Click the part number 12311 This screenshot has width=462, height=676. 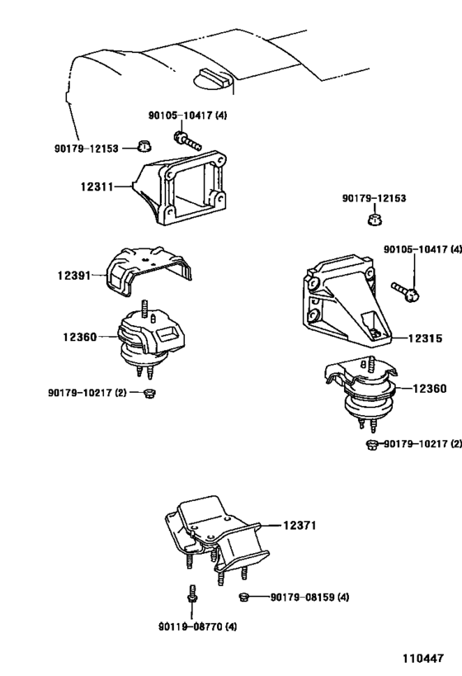point(97,187)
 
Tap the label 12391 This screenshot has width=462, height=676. point(74,275)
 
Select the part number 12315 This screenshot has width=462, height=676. point(425,338)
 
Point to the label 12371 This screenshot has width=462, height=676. point(299,525)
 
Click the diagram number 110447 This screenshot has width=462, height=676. point(423,659)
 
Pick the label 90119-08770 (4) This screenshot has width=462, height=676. point(197,626)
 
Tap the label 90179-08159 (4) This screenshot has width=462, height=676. point(310,597)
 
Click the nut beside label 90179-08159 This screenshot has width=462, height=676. point(244,597)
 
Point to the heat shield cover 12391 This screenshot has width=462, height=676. point(149,271)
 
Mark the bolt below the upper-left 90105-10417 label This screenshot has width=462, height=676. point(187,140)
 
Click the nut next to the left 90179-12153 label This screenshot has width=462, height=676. point(144,147)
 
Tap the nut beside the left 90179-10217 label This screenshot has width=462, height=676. point(149,393)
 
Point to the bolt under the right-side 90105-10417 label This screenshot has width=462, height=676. point(406,291)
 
